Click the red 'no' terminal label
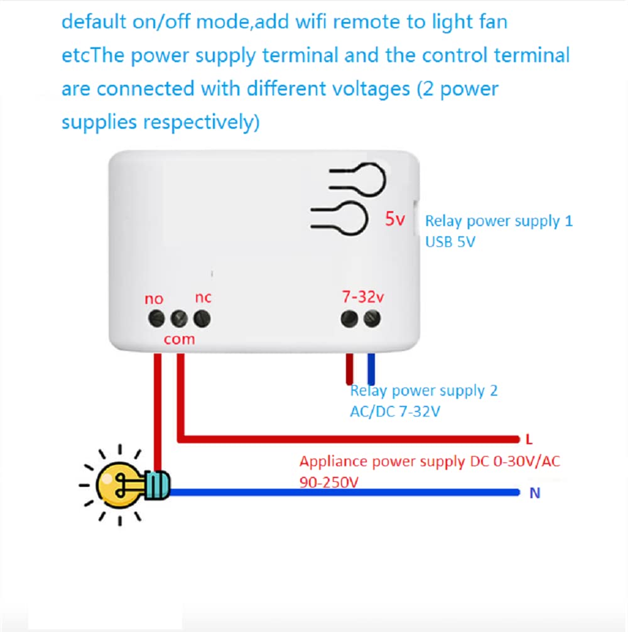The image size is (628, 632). pyautogui.click(x=154, y=298)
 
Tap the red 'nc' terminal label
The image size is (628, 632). pyautogui.click(x=203, y=297)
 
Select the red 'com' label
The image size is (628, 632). pyautogui.click(x=180, y=339)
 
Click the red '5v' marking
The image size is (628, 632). pyautogui.click(x=396, y=219)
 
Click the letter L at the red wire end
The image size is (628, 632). pyautogui.click(x=529, y=438)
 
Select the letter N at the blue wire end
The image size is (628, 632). pyautogui.click(x=534, y=494)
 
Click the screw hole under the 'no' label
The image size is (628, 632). pyautogui.click(x=154, y=318)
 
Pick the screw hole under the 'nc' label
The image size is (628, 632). pyautogui.click(x=202, y=319)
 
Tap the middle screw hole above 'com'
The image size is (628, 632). pyautogui.click(x=178, y=319)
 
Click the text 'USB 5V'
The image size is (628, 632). pyautogui.click(x=450, y=241)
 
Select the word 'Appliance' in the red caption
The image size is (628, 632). pyautogui.click(x=333, y=462)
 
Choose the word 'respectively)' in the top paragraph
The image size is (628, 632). pyautogui.click(x=201, y=122)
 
